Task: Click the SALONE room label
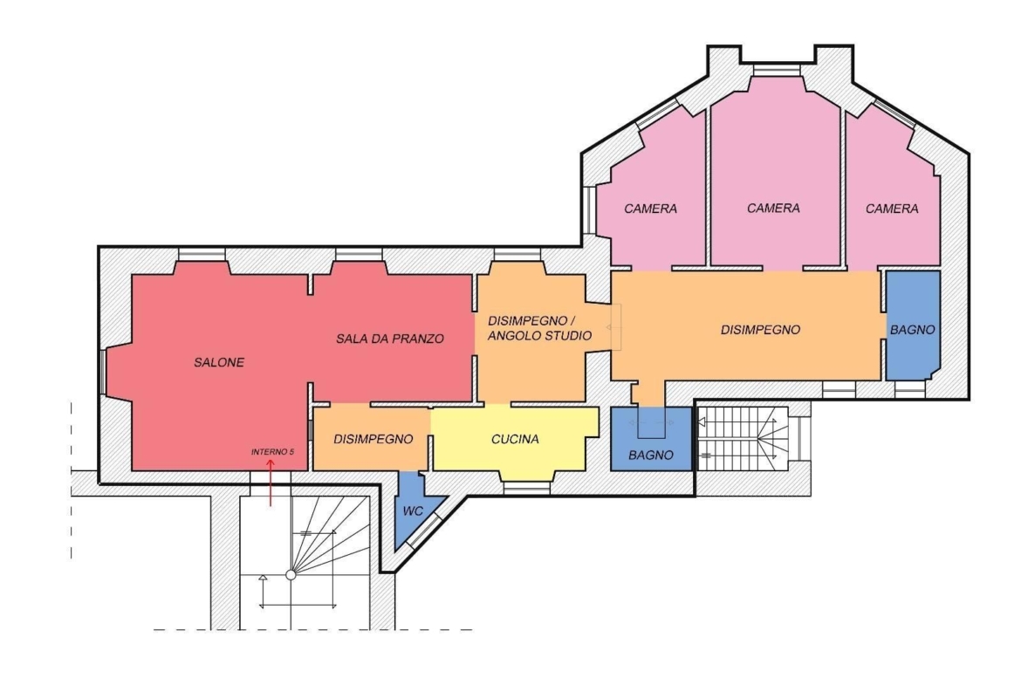219,363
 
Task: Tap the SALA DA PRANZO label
390,339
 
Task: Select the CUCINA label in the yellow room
515,440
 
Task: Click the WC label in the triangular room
413,511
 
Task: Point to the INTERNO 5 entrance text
272,451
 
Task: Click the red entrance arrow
271,482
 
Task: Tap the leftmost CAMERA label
650,209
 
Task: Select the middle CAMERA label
773,209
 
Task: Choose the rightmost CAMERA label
892,209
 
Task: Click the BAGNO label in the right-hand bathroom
913,330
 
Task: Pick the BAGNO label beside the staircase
651,456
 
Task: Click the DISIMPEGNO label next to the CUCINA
373,440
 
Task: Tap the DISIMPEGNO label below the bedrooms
761,330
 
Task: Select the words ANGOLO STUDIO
540,336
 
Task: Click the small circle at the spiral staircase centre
291,575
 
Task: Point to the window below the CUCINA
527,487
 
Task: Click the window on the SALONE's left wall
103,372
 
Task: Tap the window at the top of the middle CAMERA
776,71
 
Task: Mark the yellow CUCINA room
514,437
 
